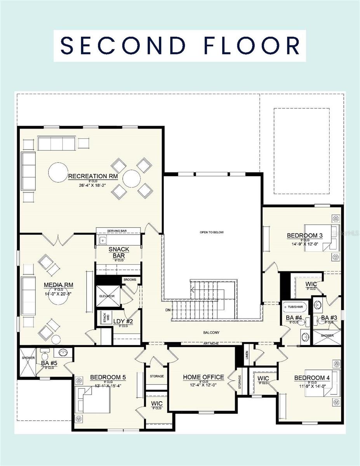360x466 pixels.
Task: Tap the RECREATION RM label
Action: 93,176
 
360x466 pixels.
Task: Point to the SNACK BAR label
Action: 119,252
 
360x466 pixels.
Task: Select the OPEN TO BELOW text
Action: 212,232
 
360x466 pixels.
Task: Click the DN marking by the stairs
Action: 168,310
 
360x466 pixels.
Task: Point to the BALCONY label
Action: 211,332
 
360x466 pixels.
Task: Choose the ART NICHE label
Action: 212,344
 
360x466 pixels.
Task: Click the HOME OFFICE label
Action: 203,377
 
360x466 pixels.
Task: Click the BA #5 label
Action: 49,363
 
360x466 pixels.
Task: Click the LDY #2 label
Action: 123,321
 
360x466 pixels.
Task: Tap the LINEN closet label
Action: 247,355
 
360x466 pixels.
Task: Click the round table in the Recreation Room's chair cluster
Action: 132,178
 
